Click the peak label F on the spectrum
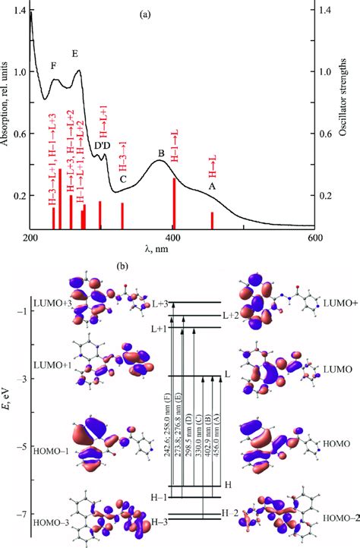53,66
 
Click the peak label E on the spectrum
74,54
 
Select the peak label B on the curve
161,153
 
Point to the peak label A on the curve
212,186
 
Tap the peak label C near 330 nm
122,179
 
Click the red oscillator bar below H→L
212,219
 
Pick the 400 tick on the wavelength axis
172,238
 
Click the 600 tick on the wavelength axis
314,238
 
